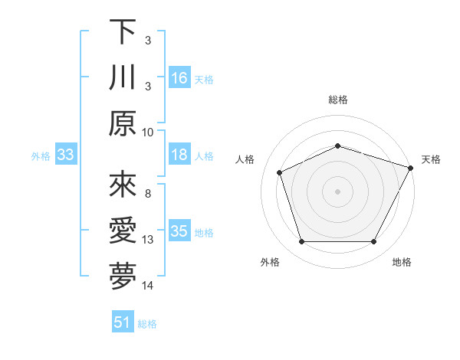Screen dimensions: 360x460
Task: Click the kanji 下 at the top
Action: (123, 32)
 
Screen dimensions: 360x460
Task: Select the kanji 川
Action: (123, 78)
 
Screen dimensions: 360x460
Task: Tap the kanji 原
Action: (123, 123)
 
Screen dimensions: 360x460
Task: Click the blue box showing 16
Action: (179, 78)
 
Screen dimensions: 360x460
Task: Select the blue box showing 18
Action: (179, 155)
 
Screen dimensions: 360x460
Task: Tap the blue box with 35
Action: (179, 231)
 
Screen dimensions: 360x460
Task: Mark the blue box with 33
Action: (66, 155)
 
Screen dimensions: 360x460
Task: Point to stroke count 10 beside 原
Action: (148, 132)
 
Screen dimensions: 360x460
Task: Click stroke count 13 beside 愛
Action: (148, 240)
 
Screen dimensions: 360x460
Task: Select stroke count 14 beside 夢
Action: (148, 286)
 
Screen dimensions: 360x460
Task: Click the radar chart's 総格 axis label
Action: (338, 100)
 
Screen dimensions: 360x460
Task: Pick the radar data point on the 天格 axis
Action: (412, 168)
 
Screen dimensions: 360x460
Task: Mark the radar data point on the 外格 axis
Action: (301, 242)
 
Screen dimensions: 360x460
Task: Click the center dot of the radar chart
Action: (338, 191)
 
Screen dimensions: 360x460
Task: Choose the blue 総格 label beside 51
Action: (147, 324)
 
